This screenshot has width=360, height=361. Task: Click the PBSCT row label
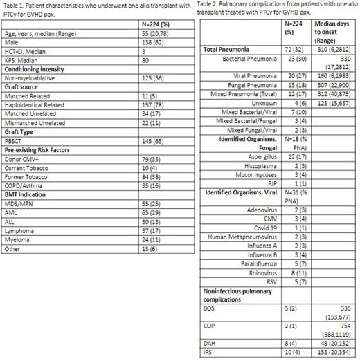[x=17, y=165]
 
